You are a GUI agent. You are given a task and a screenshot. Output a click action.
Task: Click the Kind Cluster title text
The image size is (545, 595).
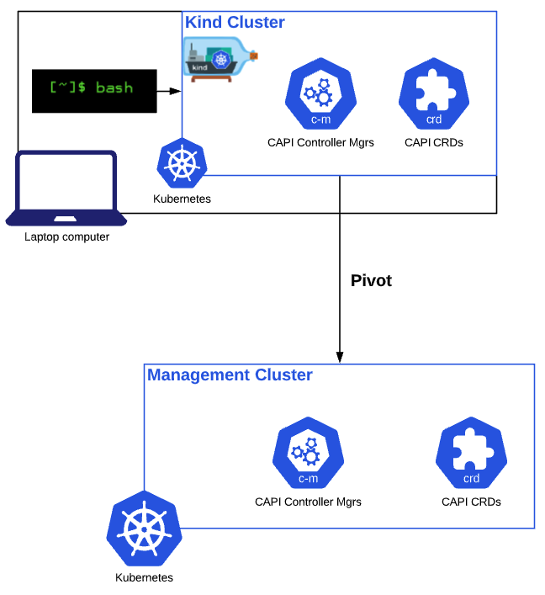coord(235,23)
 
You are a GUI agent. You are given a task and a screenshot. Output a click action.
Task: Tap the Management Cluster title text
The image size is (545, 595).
coord(230,375)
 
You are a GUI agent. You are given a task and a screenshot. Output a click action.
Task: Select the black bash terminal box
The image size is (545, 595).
coord(93,90)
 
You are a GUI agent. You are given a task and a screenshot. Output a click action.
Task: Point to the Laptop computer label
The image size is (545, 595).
coord(66,237)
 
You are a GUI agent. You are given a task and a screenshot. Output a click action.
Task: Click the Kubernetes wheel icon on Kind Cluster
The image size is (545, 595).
coord(182,163)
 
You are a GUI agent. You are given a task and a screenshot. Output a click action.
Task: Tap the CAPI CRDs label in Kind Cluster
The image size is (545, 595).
coord(433,143)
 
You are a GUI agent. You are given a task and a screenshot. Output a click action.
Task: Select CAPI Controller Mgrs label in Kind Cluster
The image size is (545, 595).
coord(320,143)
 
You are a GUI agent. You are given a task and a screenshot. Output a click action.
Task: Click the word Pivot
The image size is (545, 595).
coord(371,281)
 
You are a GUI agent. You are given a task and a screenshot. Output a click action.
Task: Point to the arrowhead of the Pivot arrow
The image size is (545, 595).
coord(340,356)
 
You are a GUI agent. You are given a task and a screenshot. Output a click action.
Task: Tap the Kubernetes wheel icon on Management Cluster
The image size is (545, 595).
coord(144,529)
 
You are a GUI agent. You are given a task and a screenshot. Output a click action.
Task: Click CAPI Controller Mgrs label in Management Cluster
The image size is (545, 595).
coord(308,502)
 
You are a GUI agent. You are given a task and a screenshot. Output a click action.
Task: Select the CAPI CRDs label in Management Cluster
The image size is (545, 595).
coord(471,502)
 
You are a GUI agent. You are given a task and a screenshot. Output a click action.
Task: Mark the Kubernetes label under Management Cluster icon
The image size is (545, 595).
coord(144,578)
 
